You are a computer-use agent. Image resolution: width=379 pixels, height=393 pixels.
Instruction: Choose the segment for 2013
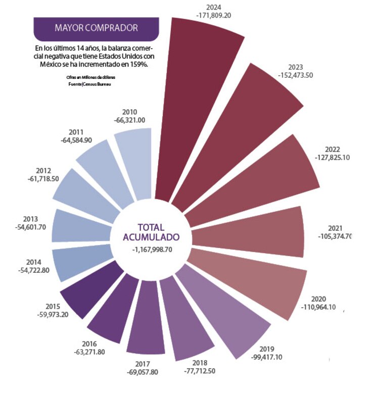pos(81,225)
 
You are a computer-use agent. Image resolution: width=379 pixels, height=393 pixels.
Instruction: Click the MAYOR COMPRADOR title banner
pos(96,28)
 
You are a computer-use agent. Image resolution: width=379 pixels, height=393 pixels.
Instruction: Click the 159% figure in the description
pos(138,65)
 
